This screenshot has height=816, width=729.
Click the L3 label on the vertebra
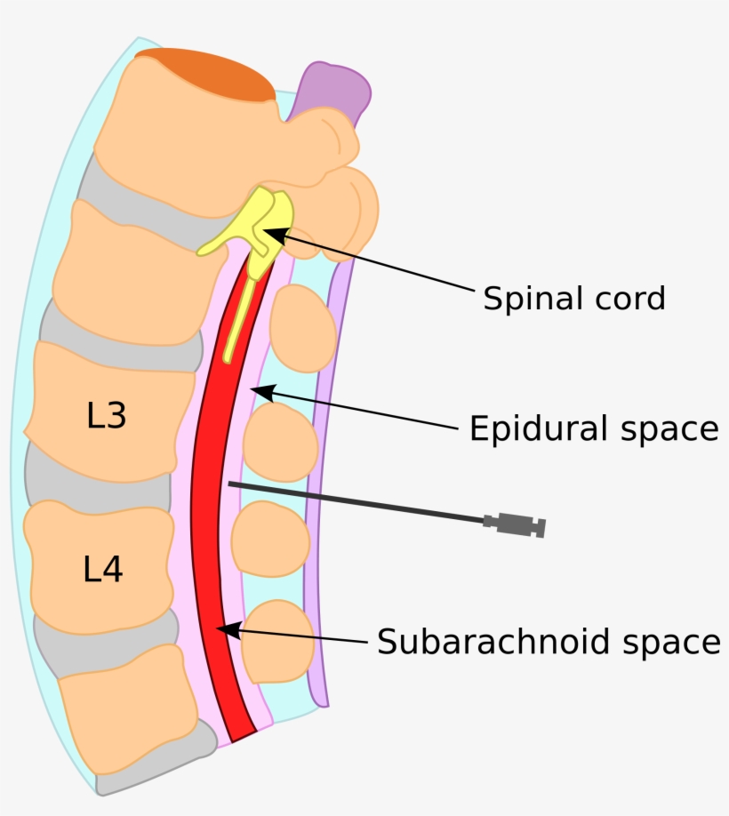[x=107, y=416]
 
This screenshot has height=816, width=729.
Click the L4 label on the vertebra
[x=103, y=570]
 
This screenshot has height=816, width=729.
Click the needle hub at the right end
[x=516, y=525]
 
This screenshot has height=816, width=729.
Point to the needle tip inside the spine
[x=231, y=484]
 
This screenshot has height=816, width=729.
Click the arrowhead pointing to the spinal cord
[x=272, y=235]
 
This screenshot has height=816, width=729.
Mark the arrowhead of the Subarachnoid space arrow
[x=227, y=629]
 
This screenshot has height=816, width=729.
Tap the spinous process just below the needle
[x=269, y=539]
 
